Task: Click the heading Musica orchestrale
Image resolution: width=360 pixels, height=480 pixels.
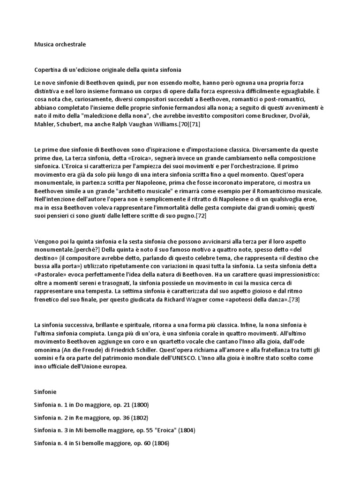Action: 60,45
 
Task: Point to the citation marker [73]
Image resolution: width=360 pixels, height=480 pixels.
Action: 294,299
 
